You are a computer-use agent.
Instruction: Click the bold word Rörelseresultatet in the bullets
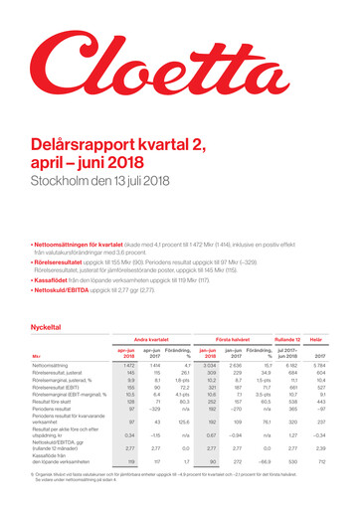[x=57, y=232]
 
